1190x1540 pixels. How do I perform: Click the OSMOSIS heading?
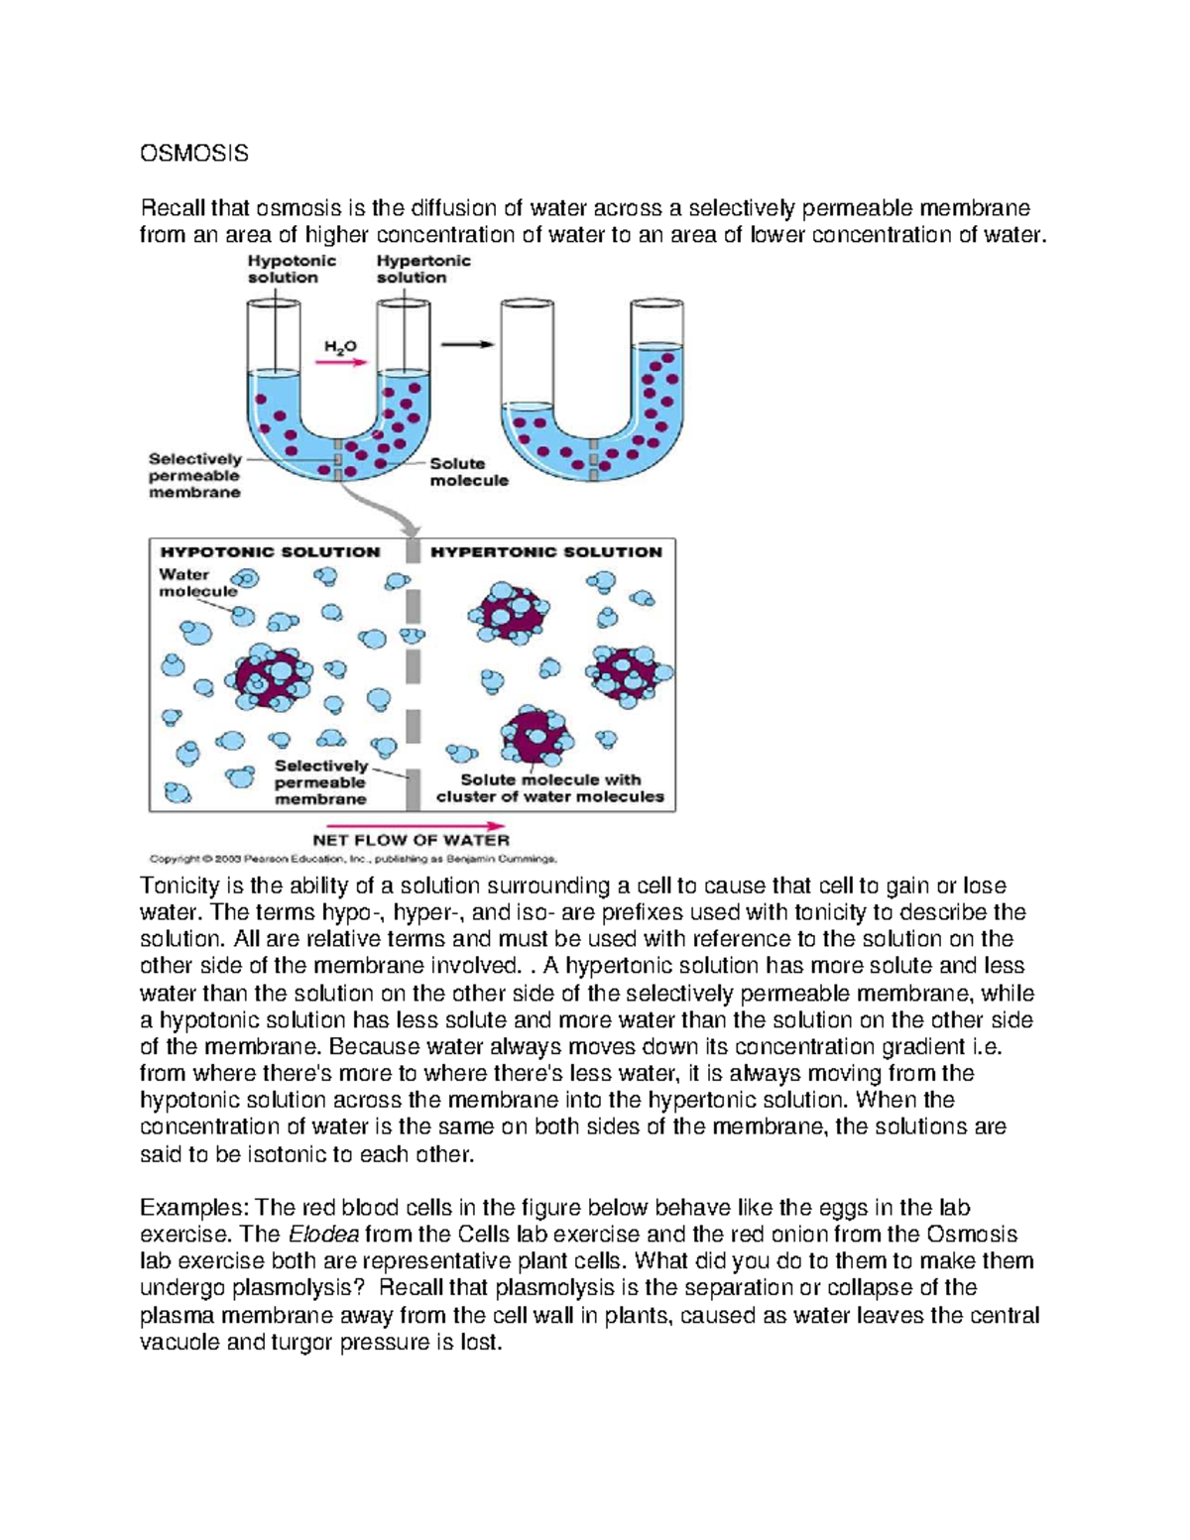(193, 154)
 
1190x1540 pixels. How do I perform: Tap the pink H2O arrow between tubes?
(346, 363)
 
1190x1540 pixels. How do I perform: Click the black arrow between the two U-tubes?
(467, 344)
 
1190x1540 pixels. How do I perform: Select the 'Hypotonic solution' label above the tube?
(291, 269)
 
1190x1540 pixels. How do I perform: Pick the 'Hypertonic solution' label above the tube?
(422, 269)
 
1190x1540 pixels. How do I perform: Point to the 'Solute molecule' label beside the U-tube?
(468, 472)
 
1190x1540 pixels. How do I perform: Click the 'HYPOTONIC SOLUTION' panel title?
(270, 552)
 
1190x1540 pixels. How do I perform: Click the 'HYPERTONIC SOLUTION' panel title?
(546, 552)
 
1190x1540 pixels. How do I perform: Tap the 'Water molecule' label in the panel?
(197, 582)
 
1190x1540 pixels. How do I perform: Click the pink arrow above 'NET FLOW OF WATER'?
(416, 825)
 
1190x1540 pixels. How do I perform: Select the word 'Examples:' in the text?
(194, 1208)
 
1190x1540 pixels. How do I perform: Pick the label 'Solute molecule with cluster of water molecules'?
(550, 788)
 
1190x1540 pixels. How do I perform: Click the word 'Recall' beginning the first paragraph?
(172, 208)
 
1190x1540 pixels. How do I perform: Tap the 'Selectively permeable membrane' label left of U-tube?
(194, 476)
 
